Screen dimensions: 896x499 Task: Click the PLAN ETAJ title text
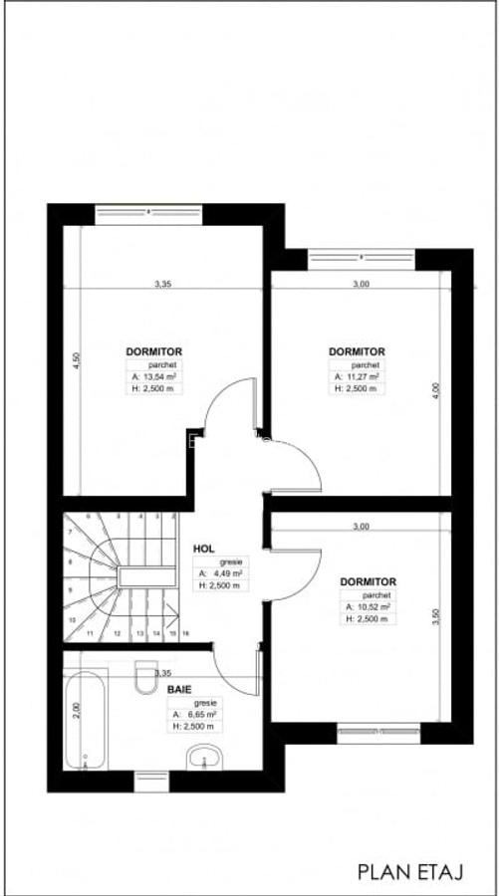pos(410,872)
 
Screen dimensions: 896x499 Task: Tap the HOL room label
pos(204,549)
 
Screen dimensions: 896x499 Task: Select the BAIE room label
pos(179,688)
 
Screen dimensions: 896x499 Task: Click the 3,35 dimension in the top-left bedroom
pos(162,285)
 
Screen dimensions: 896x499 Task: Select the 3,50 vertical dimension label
pos(434,618)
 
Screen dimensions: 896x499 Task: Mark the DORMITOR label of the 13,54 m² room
pos(153,351)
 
